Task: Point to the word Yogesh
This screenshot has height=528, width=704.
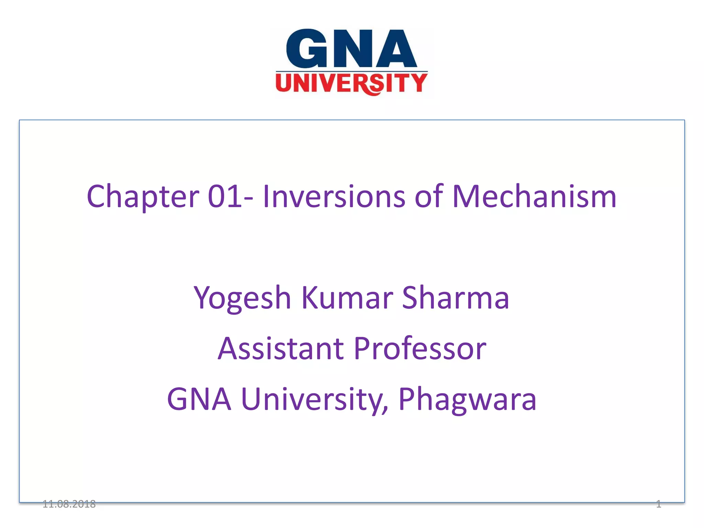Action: click(x=242, y=298)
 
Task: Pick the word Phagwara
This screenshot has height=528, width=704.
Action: click(x=467, y=399)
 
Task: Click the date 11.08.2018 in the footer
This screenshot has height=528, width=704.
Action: click(x=69, y=504)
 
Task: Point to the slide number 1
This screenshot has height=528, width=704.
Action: click(x=658, y=504)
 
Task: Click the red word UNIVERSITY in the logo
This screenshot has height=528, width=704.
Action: click(x=351, y=83)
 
